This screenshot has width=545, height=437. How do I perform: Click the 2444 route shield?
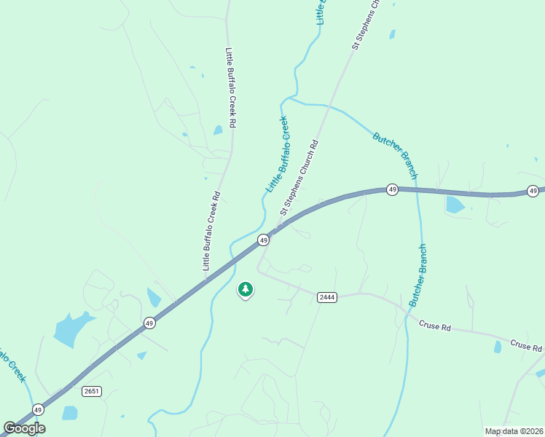(326, 297)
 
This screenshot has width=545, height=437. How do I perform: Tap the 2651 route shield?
(91, 391)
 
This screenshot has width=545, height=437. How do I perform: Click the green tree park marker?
(246, 290)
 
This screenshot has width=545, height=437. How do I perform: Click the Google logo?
(25, 428)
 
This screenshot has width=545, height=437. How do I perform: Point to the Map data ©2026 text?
(514, 431)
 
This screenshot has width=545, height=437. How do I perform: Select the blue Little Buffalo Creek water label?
(277, 154)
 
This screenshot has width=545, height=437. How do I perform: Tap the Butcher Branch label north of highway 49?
(395, 155)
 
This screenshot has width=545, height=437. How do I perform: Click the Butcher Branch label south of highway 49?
(417, 275)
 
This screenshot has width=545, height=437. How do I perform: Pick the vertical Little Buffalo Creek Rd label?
(230, 88)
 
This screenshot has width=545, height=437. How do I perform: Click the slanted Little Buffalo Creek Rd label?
(211, 232)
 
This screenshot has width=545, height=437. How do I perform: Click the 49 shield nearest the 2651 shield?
(149, 323)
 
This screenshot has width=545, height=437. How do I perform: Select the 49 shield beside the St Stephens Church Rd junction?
(263, 240)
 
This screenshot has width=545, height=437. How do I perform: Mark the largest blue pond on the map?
(71, 328)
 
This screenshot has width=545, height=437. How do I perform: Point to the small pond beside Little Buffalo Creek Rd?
(218, 130)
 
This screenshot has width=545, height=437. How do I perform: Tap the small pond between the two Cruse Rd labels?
(498, 347)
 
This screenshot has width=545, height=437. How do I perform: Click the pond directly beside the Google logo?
(70, 413)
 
